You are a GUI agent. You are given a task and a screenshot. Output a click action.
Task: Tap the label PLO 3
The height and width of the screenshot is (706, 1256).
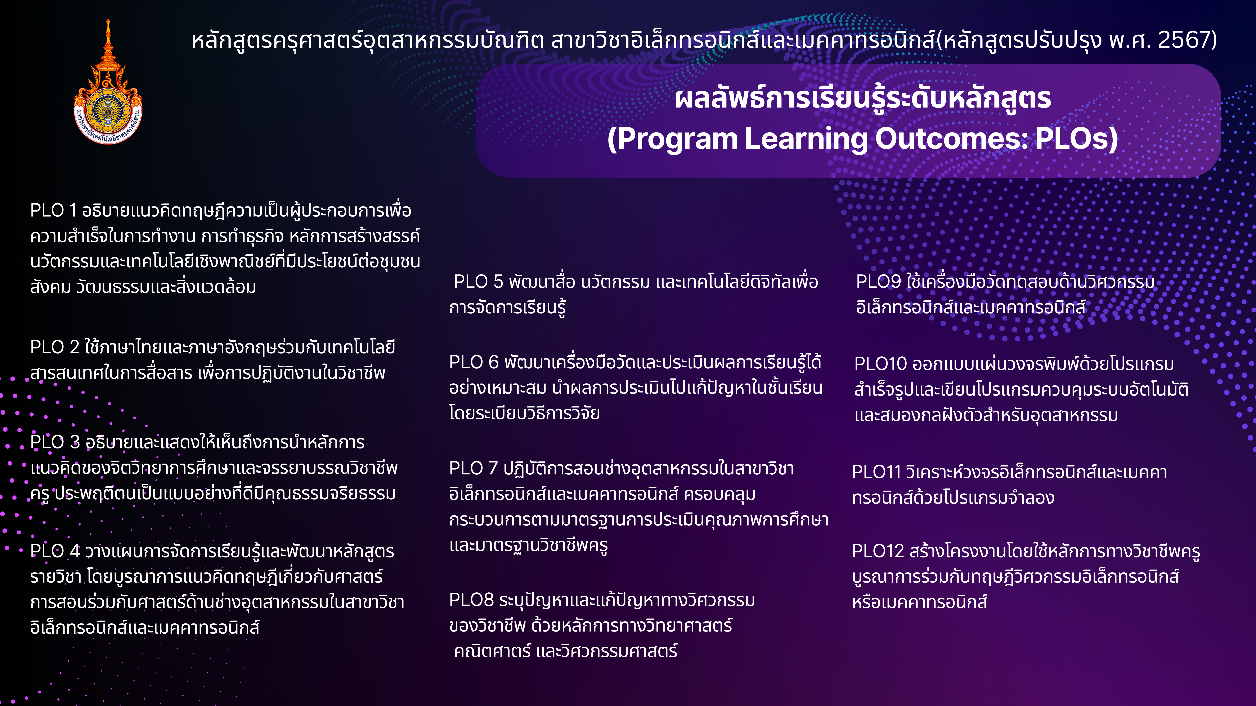click(x=55, y=442)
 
